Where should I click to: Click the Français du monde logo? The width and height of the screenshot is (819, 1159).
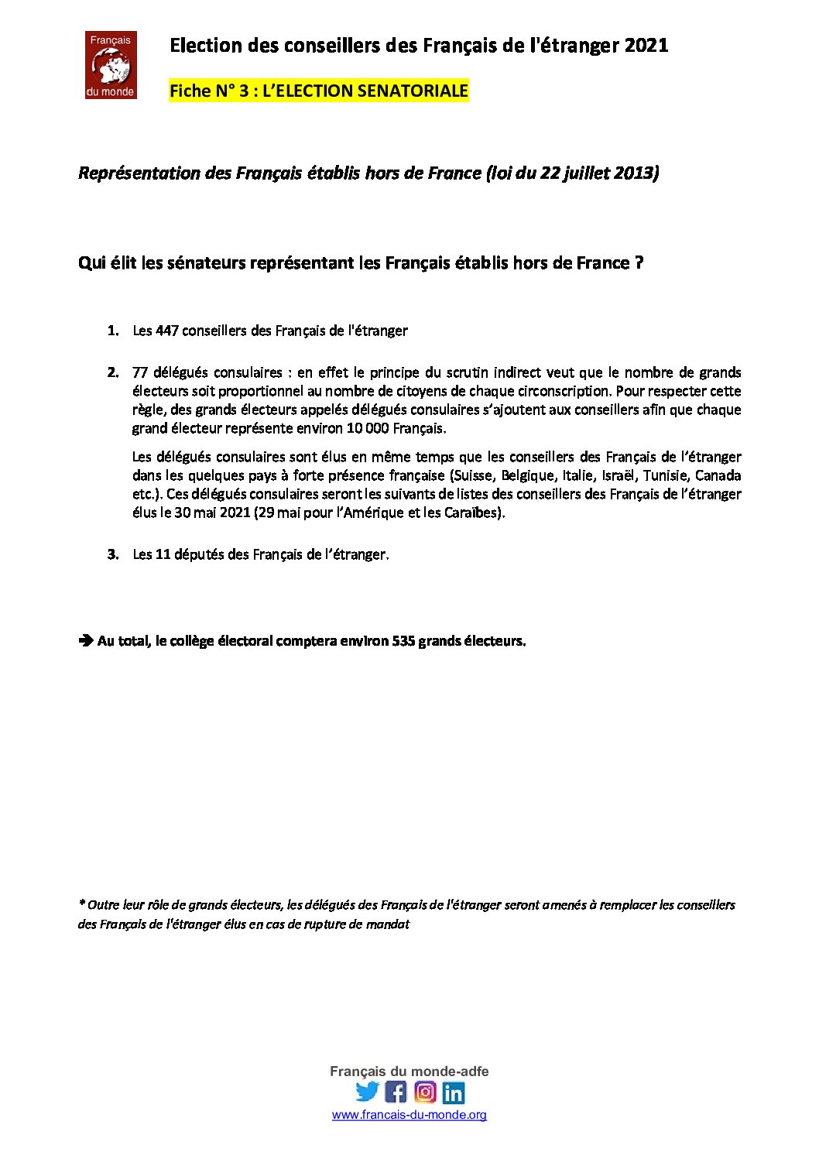111,65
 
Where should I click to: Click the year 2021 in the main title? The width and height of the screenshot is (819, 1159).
646,46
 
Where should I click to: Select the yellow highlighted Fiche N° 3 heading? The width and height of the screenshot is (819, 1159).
318,91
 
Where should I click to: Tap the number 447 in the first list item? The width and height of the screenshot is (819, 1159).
167,331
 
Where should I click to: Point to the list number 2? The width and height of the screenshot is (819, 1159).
113,372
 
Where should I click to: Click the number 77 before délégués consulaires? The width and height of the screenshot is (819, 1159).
140,372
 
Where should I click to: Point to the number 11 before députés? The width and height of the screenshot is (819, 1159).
163,554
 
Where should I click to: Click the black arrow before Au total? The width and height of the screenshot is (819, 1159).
85,641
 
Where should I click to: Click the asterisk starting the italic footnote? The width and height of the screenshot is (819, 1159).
81,904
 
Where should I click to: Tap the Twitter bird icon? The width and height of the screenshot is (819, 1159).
367,1092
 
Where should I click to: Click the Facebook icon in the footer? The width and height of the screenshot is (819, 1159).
396,1092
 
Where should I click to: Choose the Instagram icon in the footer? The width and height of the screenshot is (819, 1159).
425,1092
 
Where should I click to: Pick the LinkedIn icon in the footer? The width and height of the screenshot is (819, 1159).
454,1092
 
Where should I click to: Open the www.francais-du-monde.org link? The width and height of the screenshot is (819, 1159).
409,1115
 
